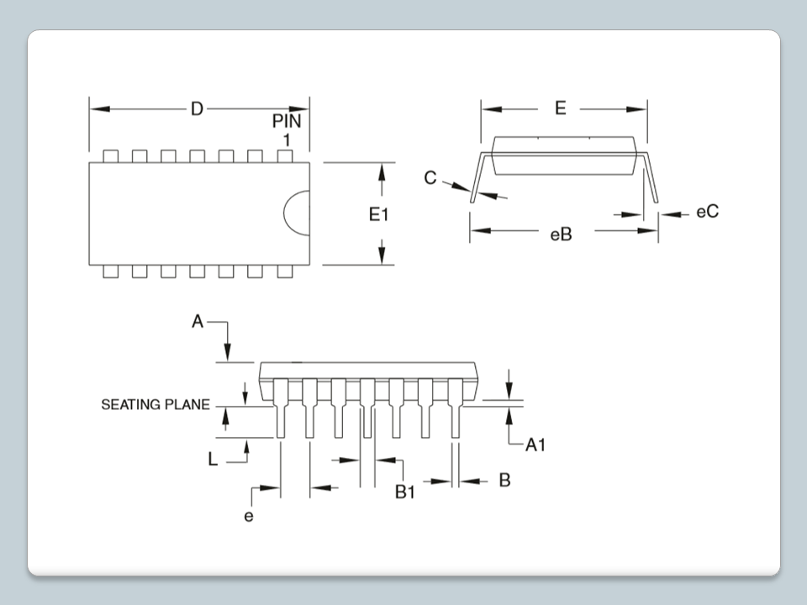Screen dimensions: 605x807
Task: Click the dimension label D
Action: point(197,109)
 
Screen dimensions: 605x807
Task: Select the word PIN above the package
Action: point(286,121)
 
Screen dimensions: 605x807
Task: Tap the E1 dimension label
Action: point(379,215)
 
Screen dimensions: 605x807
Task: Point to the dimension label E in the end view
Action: point(561,108)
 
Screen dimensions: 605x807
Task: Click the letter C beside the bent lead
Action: point(430,178)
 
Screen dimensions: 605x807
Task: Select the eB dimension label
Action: point(561,234)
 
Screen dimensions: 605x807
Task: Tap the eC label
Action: point(707,213)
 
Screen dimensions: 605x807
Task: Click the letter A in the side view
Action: point(198,322)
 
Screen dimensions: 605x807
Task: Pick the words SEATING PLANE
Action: point(156,405)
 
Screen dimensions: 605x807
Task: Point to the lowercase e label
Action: point(249,516)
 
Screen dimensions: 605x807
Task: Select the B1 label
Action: point(406,492)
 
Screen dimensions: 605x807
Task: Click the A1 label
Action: point(535,445)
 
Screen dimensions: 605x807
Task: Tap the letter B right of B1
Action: point(504,480)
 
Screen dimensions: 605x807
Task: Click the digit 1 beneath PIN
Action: point(287,139)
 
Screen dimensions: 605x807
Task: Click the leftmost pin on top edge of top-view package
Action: point(111,155)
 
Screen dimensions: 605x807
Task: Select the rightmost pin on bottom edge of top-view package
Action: point(284,271)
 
